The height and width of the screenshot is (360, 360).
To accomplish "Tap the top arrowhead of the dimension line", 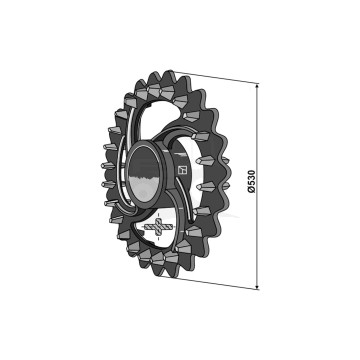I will [259, 90].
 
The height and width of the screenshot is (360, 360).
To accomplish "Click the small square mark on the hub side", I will [183, 169].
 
